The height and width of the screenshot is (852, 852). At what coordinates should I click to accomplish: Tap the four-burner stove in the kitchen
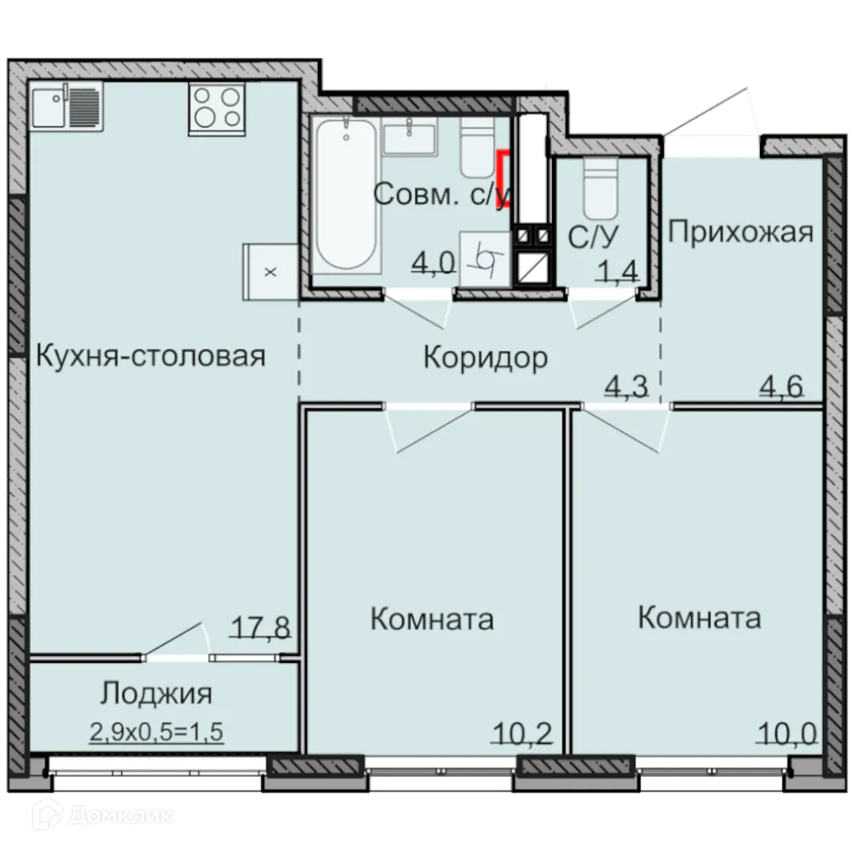[216, 106]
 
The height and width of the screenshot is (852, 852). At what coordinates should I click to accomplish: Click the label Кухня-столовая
[150, 355]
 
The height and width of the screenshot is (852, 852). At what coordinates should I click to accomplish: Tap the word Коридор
[486, 358]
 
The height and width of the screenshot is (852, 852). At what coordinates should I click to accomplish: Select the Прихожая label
[740, 231]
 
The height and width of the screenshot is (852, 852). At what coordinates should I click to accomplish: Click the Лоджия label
[155, 693]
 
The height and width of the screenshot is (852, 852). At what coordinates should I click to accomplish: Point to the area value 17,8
[261, 628]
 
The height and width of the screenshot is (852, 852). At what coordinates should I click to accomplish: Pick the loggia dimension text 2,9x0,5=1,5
[156, 730]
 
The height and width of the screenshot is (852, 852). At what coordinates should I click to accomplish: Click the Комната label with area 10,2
[432, 619]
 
